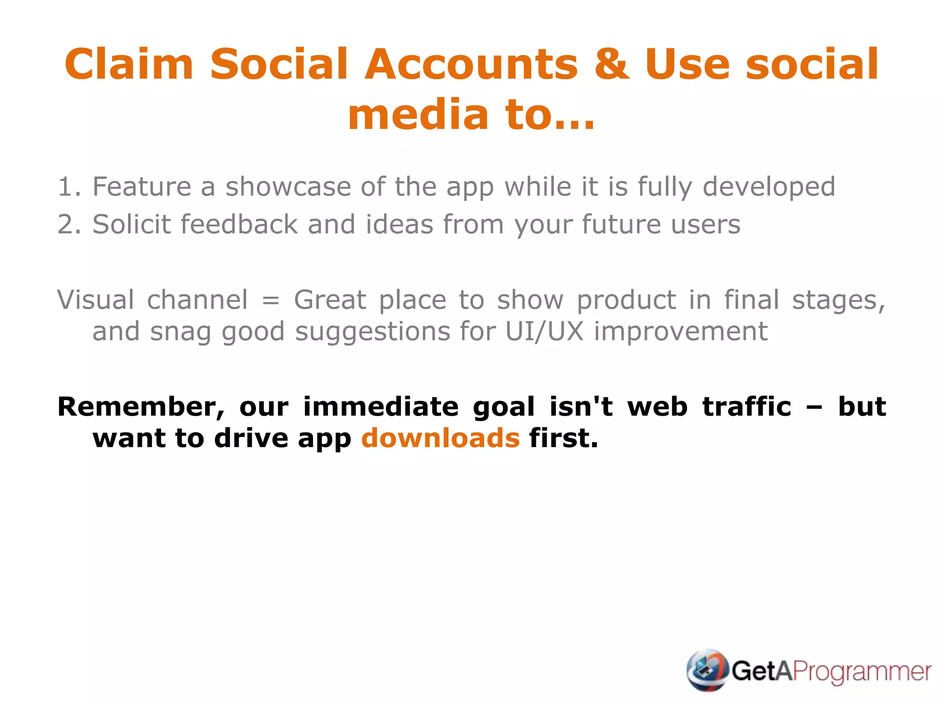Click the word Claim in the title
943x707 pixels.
click(128, 64)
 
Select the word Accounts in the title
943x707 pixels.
click(471, 64)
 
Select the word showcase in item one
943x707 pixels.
click(287, 187)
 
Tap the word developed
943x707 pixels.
click(768, 187)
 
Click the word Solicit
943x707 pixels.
click(132, 225)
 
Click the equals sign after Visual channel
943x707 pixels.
click(271, 301)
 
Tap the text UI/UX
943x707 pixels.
click(544, 331)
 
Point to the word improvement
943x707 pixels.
click(681, 331)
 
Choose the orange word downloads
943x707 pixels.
click(441, 438)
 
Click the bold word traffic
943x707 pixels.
click(746, 407)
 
